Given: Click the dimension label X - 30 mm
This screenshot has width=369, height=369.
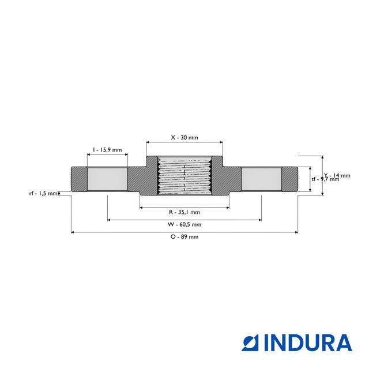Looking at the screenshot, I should coord(184,138).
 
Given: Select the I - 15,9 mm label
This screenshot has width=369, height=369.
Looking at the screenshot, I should coord(107,150).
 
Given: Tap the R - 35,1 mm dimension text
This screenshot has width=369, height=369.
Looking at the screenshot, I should coord(184,212).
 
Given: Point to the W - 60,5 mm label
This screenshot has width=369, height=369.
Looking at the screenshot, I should coord(184,224).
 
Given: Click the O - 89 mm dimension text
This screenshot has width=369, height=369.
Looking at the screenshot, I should coord(184,237).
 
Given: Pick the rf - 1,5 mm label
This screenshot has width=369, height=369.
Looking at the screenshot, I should coord(44,193).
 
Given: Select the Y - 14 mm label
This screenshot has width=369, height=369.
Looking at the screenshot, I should coord(337,175).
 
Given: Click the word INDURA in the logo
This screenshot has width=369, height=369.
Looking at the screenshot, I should coord(308,342).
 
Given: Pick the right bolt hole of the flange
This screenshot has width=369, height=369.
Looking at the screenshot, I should coord(261,180).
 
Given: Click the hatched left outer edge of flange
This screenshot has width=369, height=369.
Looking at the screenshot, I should coord(78,180).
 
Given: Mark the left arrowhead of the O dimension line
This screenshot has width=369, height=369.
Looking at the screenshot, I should coord(73,232).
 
